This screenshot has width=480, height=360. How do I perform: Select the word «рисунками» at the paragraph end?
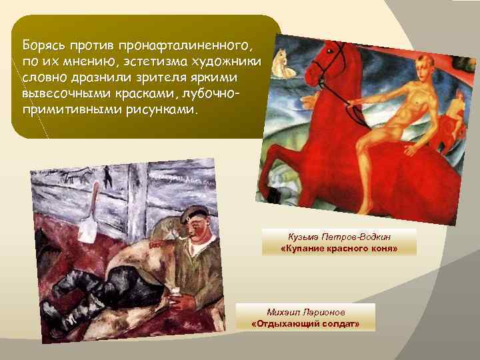point(159,109)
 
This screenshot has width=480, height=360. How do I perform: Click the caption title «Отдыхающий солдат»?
point(305,323)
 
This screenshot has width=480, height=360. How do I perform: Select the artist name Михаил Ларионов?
point(305,312)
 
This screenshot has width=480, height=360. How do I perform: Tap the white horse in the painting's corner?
point(283,60)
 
